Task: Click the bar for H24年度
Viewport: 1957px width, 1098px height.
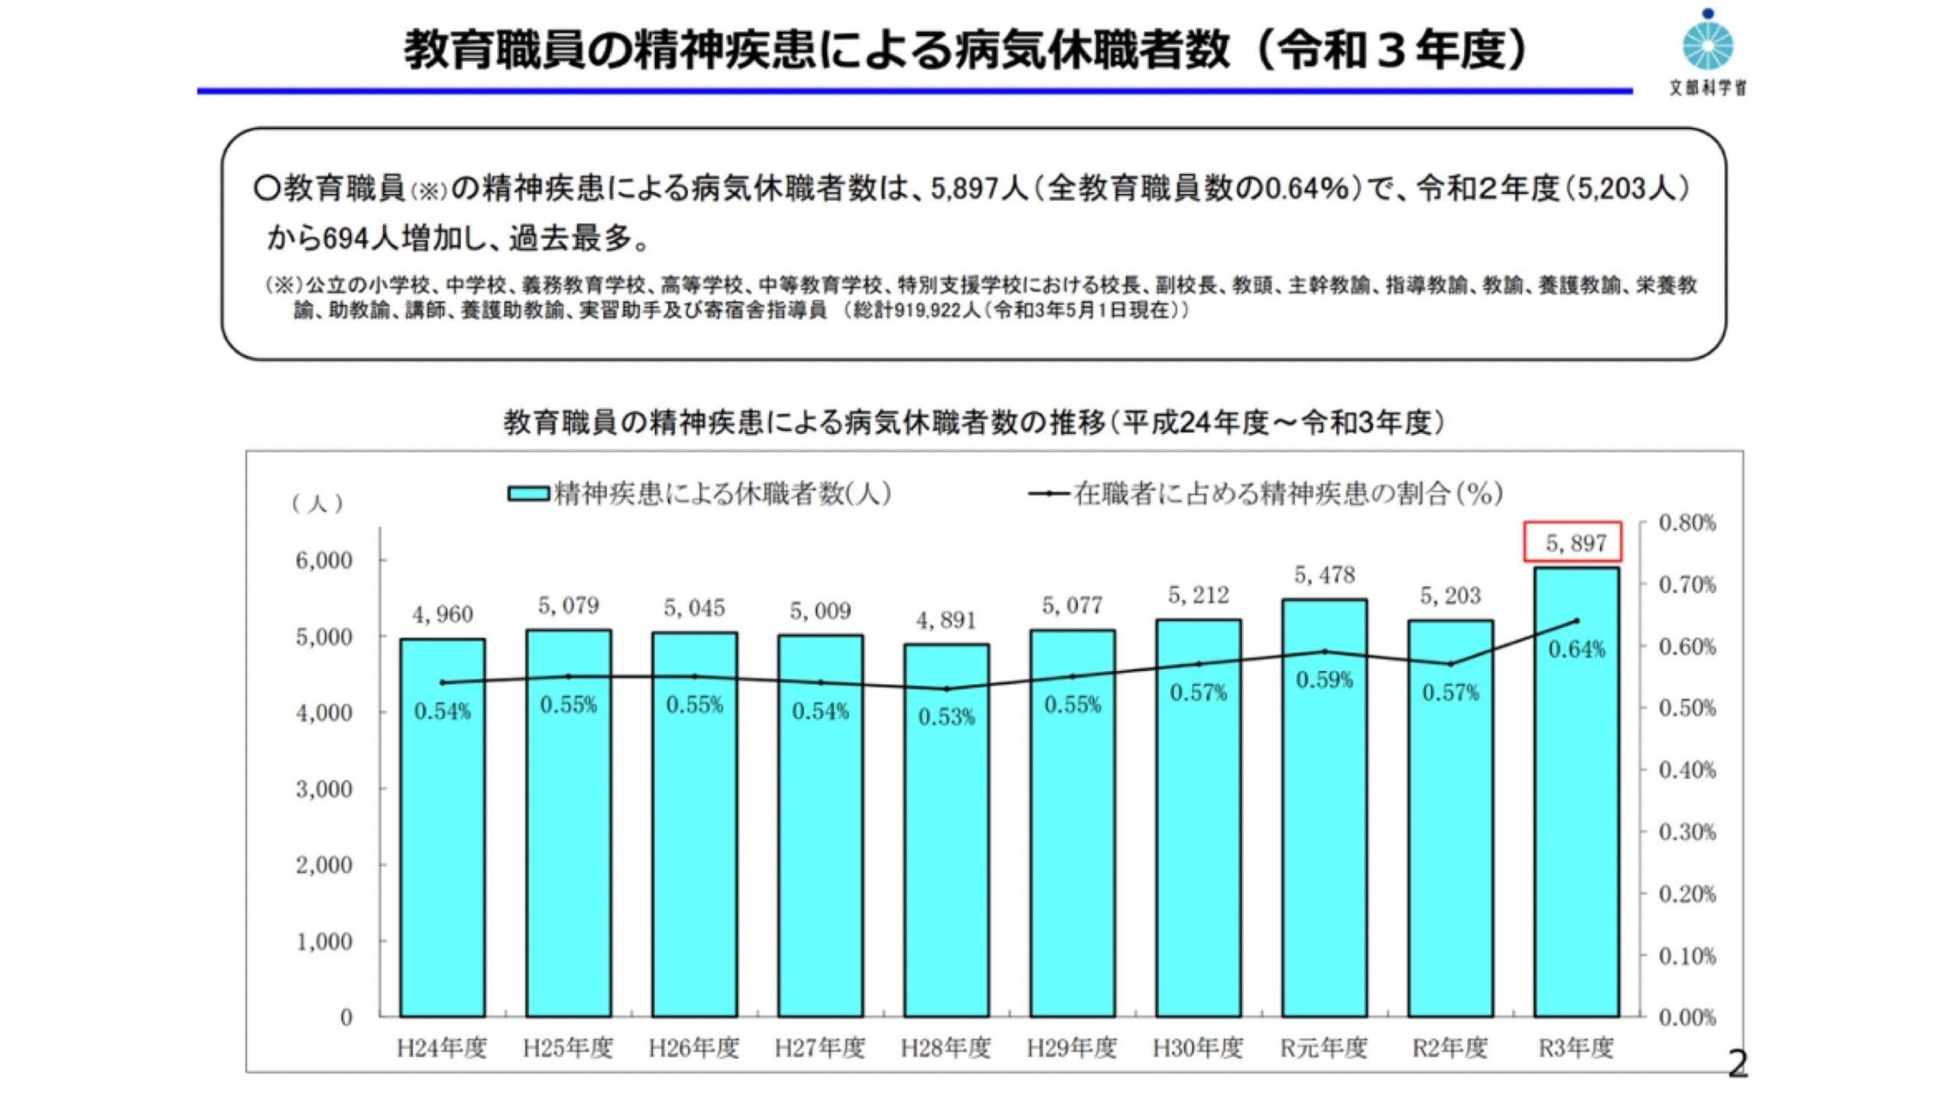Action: (442, 829)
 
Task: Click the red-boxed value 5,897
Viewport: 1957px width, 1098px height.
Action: (1572, 543)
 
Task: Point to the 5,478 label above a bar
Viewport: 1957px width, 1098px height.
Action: (1324, 575)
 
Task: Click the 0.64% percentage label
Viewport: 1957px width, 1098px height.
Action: (1576, 649)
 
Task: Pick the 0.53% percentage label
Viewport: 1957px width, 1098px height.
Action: (946, 717)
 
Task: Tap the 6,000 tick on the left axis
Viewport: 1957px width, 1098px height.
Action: (324, 560)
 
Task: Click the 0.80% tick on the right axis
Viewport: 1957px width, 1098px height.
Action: (1687, 523)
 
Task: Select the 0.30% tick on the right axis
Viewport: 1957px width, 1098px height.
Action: (1687, 832)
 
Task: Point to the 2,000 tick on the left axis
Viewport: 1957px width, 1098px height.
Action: (324, 865)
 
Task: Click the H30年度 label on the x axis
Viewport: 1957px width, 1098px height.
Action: (1198, 1048)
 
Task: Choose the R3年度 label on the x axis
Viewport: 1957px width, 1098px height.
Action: (1576, 1048)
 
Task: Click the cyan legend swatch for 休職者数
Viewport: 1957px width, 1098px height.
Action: (528, 494)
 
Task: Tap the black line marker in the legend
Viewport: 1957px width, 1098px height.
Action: (1048, 494)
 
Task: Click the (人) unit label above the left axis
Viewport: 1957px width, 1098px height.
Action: (317, 504)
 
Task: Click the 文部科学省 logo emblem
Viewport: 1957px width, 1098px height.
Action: (1707, 44)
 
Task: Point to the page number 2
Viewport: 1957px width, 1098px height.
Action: (1738, 1064)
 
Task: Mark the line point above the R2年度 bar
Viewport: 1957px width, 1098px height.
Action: (1450, 664)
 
